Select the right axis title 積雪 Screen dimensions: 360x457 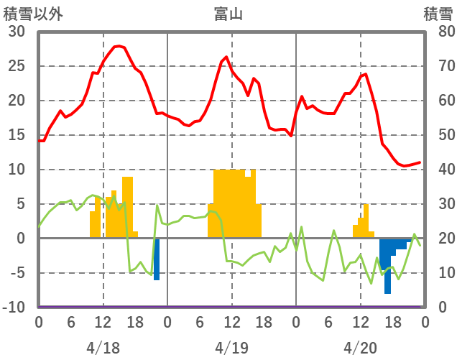(x=438, y=13)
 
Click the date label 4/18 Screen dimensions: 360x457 (x=103, y=348)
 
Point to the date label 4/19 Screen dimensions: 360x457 (x=231, y=348)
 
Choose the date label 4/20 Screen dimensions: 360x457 (x=360, y=348)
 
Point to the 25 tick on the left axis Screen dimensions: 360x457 (x=17, y=66)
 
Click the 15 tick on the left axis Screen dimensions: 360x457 (x=17, y=135)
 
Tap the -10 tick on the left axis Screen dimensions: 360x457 (x=15, y=308)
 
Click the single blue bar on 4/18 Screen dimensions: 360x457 (x=157, y=259)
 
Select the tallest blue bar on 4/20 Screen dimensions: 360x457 (x=387, y=266)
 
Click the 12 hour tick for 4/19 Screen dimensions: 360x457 (x=231, y=321)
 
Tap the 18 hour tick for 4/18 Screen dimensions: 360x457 (x=135, y=321)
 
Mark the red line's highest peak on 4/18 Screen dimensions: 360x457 (x=119, y=46)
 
